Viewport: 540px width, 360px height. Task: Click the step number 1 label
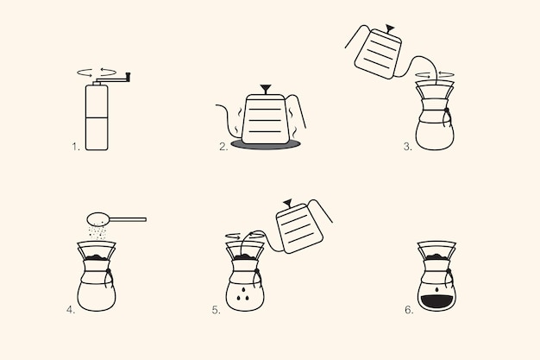[x=76, y=147]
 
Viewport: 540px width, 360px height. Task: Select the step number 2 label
[x=223, y=147]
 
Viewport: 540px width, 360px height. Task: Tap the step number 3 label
[x=407, y=147]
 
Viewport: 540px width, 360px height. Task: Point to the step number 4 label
[x=71, y=307]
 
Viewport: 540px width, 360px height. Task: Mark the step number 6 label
[x=408, y=307]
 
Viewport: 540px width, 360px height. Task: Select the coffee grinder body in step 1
[x=97, y=117]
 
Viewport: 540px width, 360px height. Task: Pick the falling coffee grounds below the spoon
[x=100, y=231]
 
